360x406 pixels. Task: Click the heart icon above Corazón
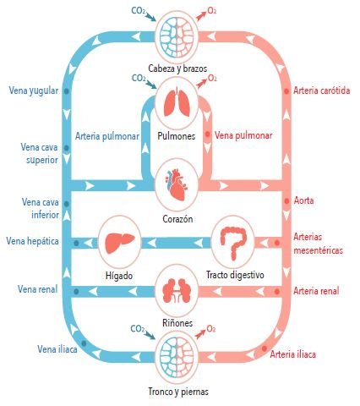point(177,184)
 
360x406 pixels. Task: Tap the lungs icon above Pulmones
point(177,102)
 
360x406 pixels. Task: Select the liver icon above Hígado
point(119,243)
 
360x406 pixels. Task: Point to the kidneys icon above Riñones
point(177,293)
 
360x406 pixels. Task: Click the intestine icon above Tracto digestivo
point(233,243)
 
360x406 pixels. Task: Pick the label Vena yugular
point(34,91)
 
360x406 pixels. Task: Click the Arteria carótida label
point(322,91)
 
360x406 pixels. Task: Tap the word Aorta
point(303,200)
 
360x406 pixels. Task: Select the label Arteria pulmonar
point(107,136)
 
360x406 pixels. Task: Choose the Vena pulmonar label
point(243,135)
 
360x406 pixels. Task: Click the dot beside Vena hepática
point(76,243)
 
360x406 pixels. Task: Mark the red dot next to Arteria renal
point(277,292)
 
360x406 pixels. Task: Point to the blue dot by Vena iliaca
point(84,343)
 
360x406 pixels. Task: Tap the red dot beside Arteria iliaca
point(265,348)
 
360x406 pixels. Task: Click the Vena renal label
point(37,289)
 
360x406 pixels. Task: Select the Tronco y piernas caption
point(178,392)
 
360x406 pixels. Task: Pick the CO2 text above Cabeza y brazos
point(139,11)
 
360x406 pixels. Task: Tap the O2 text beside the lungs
point(212,78)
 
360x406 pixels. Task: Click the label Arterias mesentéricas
point(319,244)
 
